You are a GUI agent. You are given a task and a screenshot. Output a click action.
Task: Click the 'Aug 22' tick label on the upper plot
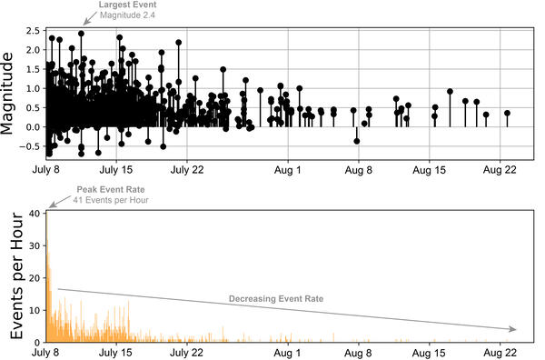pos(500,170)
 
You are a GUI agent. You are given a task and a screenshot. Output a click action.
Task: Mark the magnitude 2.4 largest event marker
pos(81,34)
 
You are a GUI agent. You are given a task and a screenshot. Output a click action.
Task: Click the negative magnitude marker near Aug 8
pos(357,141)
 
